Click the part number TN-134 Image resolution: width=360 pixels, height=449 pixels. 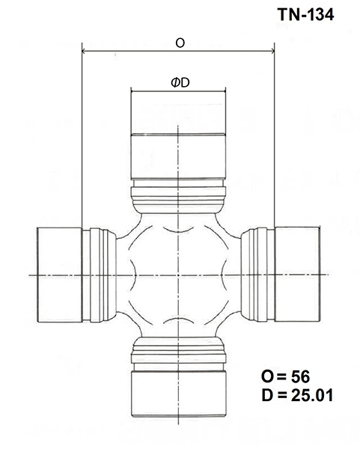pyautogui.click(x=305, y=14)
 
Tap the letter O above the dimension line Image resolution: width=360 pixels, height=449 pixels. pyautogui.click(x=180, y=43)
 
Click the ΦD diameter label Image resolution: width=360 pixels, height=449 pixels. pyautogui.click(x=180, y=83)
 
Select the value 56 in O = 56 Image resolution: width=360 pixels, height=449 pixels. pyautogui.click(x=300, y=376)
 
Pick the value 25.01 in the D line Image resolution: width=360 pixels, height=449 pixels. pyautogui.click(x=312, y=395)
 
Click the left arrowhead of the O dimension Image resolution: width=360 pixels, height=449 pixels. pyautogui.click(x=85, y=51)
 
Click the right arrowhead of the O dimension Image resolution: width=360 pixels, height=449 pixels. pyautogui.click(x=272, y=51)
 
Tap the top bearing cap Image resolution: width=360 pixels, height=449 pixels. pyautogui.click(x=178, y=156)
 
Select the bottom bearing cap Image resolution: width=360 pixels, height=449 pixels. pyautogui.click(x=179, y=394)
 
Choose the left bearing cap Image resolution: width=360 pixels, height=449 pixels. pyautogui.click(x=60, y=275)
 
